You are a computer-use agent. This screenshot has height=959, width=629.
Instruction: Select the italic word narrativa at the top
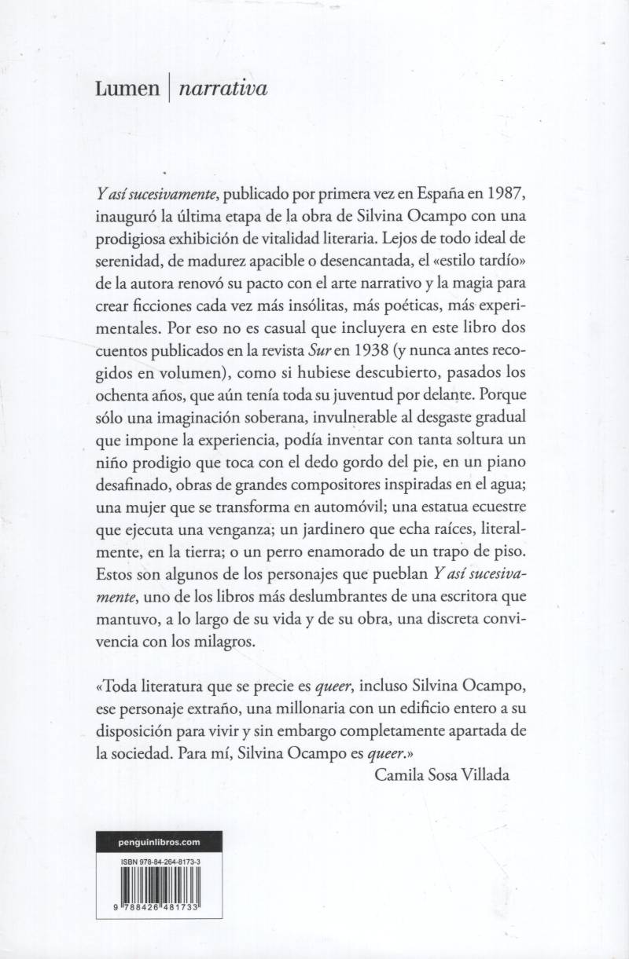223,90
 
